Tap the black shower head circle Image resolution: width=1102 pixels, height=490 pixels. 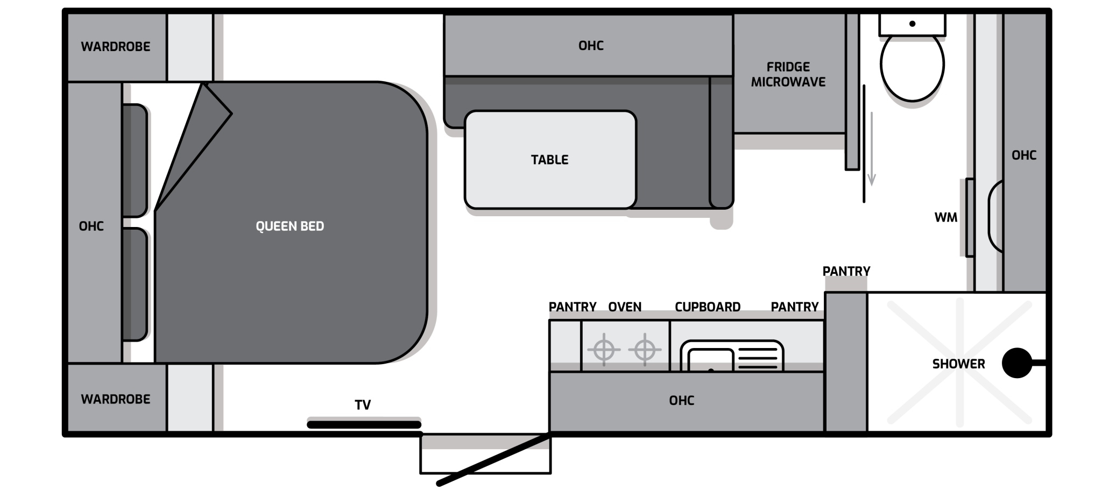click(x=1017, y=363)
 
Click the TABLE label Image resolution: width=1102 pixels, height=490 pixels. click(x=549, y=160)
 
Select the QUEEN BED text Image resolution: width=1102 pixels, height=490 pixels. click(x=289, y=226)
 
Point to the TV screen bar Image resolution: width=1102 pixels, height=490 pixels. click(x=364, y=425)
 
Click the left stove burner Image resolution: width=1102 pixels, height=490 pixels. click(x=604, y=350)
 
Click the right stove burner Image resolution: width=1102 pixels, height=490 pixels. click(x=645, y=350)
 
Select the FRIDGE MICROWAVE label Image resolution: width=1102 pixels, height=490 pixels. click(x=788, y=74)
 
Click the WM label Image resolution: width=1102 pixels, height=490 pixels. click(x=946, y=217)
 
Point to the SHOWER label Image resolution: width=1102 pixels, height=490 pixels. click(x=958, y=364)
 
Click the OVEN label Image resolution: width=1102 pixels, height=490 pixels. click(x=625, y=307)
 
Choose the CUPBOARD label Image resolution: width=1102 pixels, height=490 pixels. click(x=708, y=307)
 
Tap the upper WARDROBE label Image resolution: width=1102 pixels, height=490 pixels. click(x=116, y=46)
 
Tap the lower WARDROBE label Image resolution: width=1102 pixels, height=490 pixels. click(x=116, y=399)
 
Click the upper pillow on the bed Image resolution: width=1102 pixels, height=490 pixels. click(x=135, y=160)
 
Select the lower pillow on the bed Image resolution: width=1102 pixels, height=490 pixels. click(x=135, y=285)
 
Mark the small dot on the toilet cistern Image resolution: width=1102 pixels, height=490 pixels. click(x=912, y=24)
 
